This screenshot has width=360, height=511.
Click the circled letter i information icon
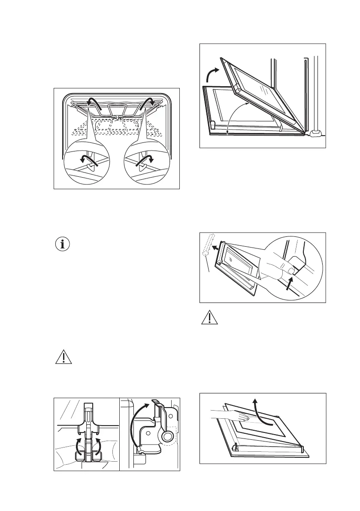coord(63,245)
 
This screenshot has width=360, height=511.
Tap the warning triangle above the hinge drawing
coord(63,358)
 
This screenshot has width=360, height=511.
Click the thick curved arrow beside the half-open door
coord(212,73)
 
